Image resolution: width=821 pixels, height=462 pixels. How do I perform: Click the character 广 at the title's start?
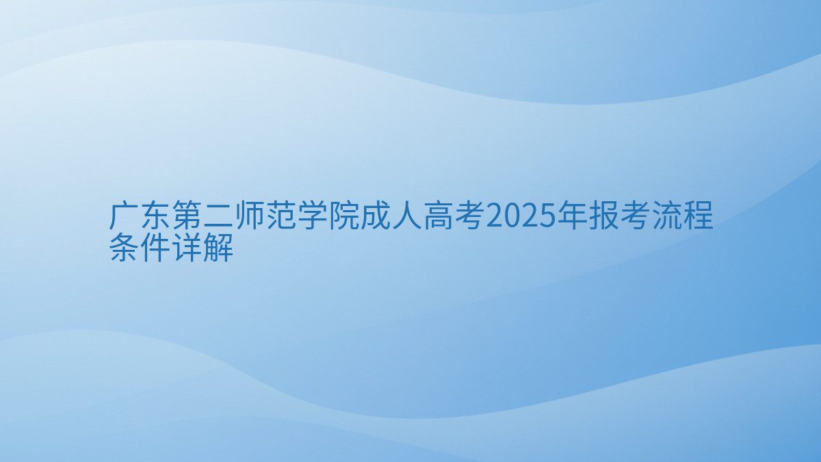point(124,215)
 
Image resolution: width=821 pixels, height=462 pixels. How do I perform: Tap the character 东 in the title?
point(155,215)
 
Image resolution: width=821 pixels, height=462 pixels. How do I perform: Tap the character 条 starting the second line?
point(124,247)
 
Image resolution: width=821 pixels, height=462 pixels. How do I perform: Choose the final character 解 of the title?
point(218,247)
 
